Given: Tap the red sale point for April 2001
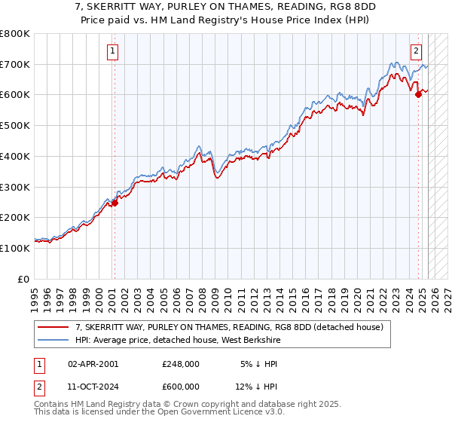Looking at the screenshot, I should pyautogui.click(x=115, y=203).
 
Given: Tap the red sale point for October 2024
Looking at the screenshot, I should pyautogui.click(x=418, y=94).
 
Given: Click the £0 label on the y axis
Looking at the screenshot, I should pyautogui.click(x=24, y=279).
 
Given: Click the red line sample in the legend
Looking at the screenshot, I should pyautogui.click(x=53, y=328).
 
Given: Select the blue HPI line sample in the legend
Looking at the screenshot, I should pyautogui.click(x=53, y=341).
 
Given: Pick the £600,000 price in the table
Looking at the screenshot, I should pyautogui.click(x=181, y=387).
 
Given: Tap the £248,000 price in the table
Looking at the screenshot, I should pyautogui.click(x=181, y=363).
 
